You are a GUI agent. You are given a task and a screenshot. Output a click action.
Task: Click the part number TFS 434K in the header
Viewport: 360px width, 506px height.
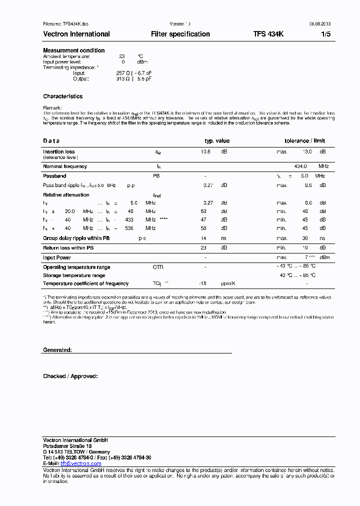pyautogui.click(x=268, y=34)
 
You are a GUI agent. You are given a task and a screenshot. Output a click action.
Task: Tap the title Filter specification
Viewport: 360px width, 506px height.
pyautogui.click(x=180, y=34)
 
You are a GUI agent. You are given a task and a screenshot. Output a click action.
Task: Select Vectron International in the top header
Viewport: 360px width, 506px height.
pyautogui.click(x=76, y=34)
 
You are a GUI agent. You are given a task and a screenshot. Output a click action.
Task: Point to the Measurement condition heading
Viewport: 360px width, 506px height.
pyautogui.click(x=74, y=50)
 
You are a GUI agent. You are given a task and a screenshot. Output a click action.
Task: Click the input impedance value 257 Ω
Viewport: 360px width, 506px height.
pyautogui.click(x=123, y=73)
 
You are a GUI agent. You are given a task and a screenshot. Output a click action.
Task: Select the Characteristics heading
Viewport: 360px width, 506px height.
pyautogui.click(x=63, y=96)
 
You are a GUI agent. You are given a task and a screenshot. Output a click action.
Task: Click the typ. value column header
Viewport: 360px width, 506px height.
pyautogui.click(x=217, y=141)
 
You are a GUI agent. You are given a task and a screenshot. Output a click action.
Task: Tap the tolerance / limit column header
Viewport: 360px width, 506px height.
pyautogui.click(x=305, y=141)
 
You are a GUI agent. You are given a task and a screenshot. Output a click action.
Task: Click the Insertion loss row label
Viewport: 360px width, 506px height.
pyautogui.click(x=59, y=151)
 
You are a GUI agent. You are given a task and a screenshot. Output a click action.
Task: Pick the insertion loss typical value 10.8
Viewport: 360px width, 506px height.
pyautogui.click(x=205, y=151)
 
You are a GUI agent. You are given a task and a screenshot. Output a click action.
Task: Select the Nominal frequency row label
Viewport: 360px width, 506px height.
pyautogui.click(x=65, y=166)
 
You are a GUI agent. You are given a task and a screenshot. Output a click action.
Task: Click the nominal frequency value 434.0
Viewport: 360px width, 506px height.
pyautogui.click(x=300, y=166)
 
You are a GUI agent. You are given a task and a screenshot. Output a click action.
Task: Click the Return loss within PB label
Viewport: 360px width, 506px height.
pyautogui.click(x=68, y=248)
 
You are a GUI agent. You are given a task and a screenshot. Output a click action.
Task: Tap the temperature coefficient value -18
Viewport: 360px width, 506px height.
pyautogui.click(x=202, y=283)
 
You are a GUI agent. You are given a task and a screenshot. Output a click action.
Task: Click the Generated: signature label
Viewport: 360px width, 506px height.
pyautogui.click(x=57, y=350)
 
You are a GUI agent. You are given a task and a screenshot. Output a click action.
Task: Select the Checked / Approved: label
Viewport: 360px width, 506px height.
pyautogui.click(x=70, y=376)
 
